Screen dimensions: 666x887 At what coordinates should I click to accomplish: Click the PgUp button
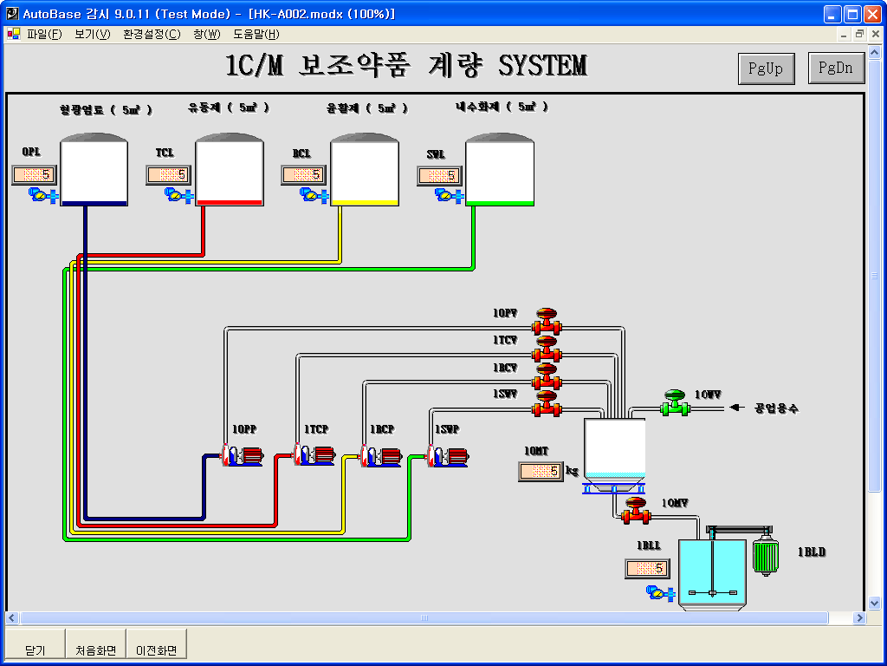[x=766, y=69]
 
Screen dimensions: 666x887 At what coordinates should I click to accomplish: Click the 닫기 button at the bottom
[x=35, y=650]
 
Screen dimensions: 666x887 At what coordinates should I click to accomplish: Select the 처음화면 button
[x=95, y=650]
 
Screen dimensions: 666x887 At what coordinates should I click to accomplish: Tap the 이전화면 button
[x=157, y=650]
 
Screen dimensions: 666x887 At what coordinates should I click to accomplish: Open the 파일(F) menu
[x=44, y=34]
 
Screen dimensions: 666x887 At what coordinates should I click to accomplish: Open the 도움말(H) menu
[x=256, y=34]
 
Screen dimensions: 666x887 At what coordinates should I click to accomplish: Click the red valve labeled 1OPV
[x=546, y=321]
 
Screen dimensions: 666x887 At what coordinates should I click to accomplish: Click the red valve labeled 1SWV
[x=546, y=404]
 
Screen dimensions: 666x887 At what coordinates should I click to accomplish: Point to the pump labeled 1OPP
[x=241, y=455]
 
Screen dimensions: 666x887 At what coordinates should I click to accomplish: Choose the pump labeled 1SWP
[x=447, y=455]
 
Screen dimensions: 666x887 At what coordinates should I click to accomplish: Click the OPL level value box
[x=34, y=175]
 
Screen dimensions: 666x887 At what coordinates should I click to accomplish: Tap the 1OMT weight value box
[x=541, y=472]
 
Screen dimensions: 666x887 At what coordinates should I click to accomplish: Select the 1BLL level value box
[x=647, y=569]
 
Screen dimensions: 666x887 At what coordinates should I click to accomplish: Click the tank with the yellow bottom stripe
[x=365, y=170]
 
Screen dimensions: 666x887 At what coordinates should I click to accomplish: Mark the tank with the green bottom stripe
[x=500, y=170]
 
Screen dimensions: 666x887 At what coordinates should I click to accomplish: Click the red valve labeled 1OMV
[x=635, y=510]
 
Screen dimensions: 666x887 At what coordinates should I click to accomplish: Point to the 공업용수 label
[x=775, y=408]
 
